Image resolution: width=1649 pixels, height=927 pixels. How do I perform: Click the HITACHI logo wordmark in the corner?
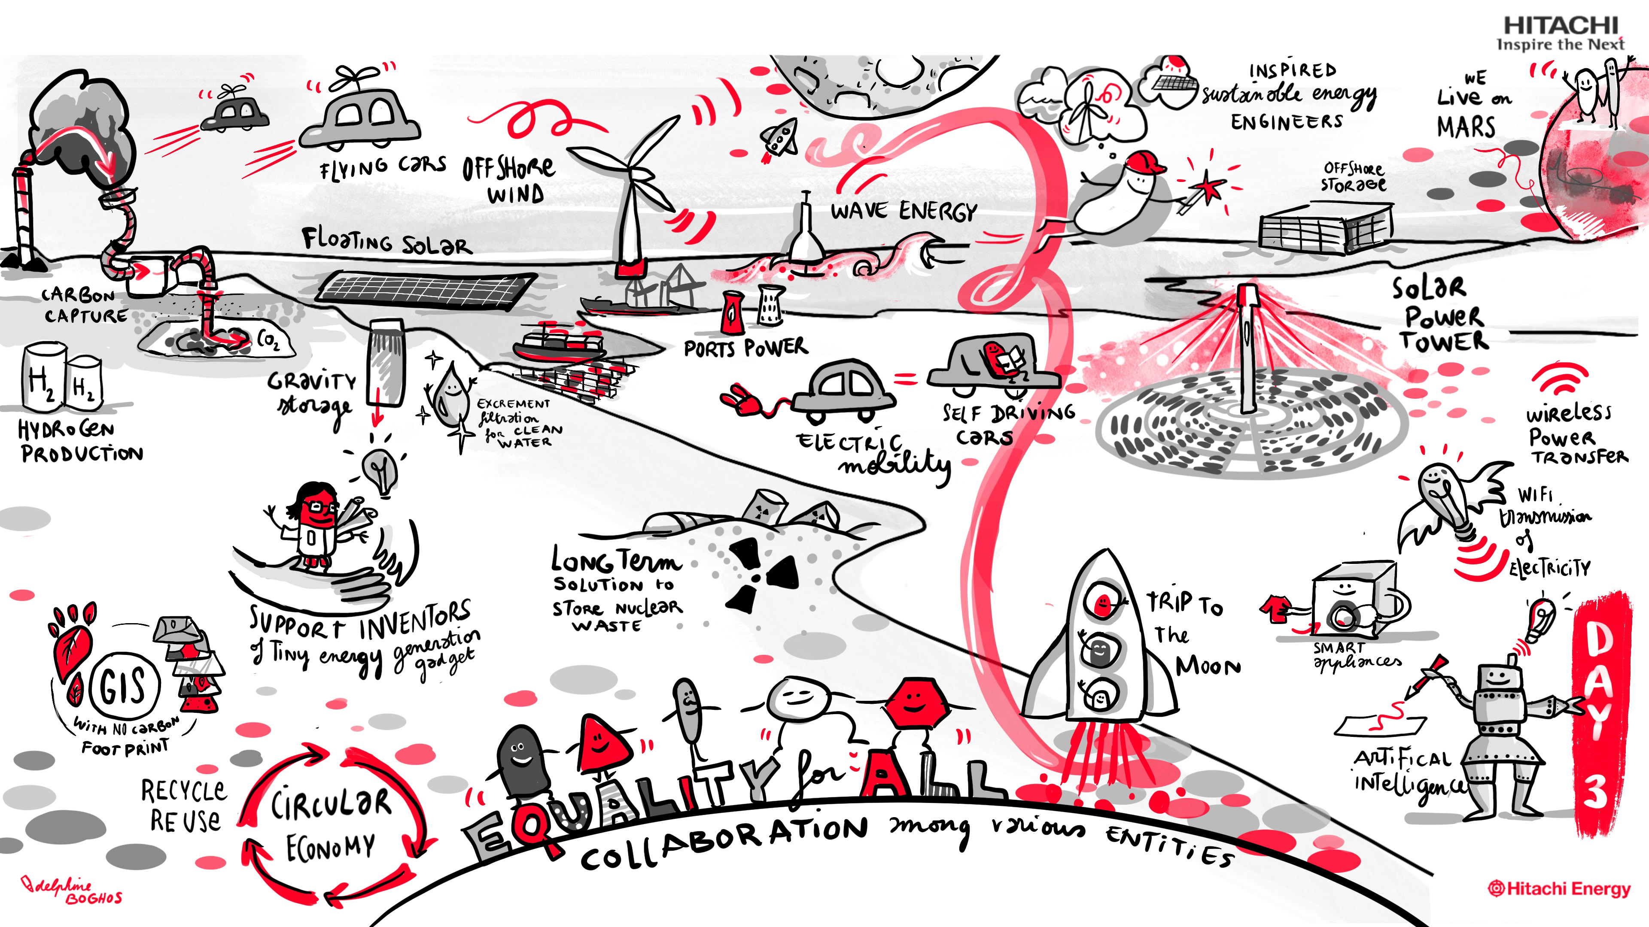(x=1561, y=26)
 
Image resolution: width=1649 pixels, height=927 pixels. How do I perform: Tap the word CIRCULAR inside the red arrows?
(x=330, y=804)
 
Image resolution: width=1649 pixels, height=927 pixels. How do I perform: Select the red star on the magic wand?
(x=1208, y=188)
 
